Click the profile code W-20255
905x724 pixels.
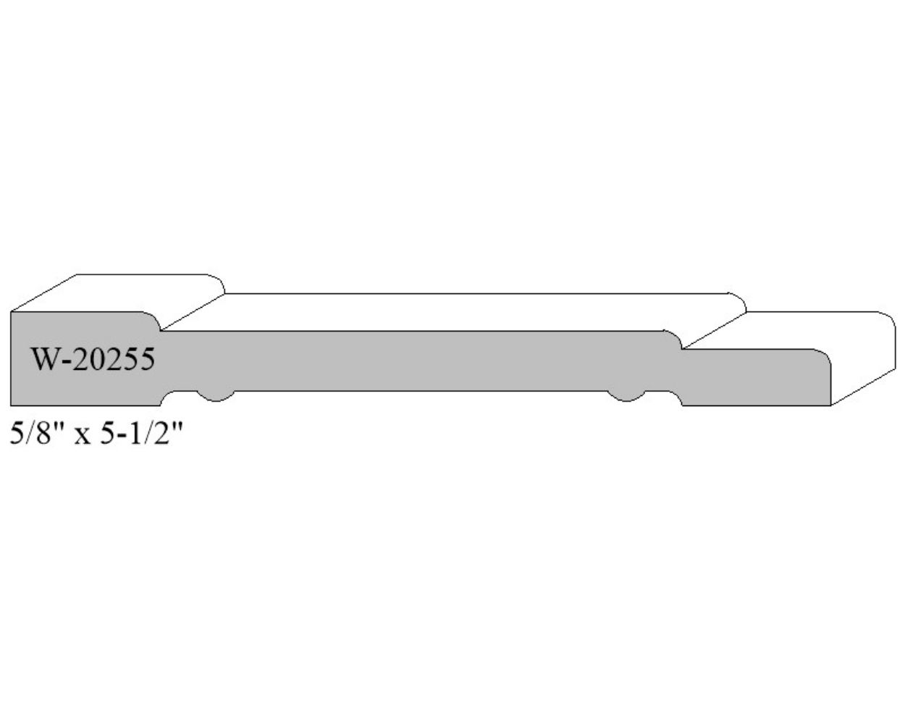coord(93,360)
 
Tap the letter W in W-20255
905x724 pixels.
coord(43,360)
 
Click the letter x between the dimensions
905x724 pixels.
coord(82,437)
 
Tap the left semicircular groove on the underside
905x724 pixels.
coord(216,396)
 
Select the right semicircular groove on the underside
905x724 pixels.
coord(626,396)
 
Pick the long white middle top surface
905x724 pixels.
coord(454,312)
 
